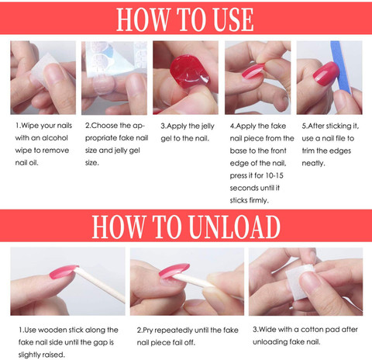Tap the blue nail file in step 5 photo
point(341,66)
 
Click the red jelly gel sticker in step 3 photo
point(189,71)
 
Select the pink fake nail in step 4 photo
point(253,71)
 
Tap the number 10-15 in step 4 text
point(274,175)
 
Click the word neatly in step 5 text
point(313,163)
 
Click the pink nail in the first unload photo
point(64,272)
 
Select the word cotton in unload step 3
point(312,330)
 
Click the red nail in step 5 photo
point(325,74)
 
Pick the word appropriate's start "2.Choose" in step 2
point(102,126)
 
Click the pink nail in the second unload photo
point(174,270)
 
